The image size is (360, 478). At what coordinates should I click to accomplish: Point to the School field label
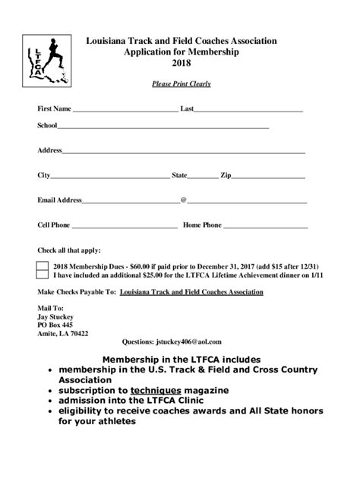click(x=47, y=126)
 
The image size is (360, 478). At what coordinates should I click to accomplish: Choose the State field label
click(x=179, y=176)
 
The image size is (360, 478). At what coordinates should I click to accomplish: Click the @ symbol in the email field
click(x=183, y=200)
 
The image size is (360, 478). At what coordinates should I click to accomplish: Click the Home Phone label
click(x=202, y=225)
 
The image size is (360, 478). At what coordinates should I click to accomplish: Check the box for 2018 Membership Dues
click(x=43, y=266)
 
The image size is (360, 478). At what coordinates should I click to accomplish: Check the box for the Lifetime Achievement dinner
click(x=43, y=276)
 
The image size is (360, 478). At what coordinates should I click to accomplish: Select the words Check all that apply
click(x=68, y=250)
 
